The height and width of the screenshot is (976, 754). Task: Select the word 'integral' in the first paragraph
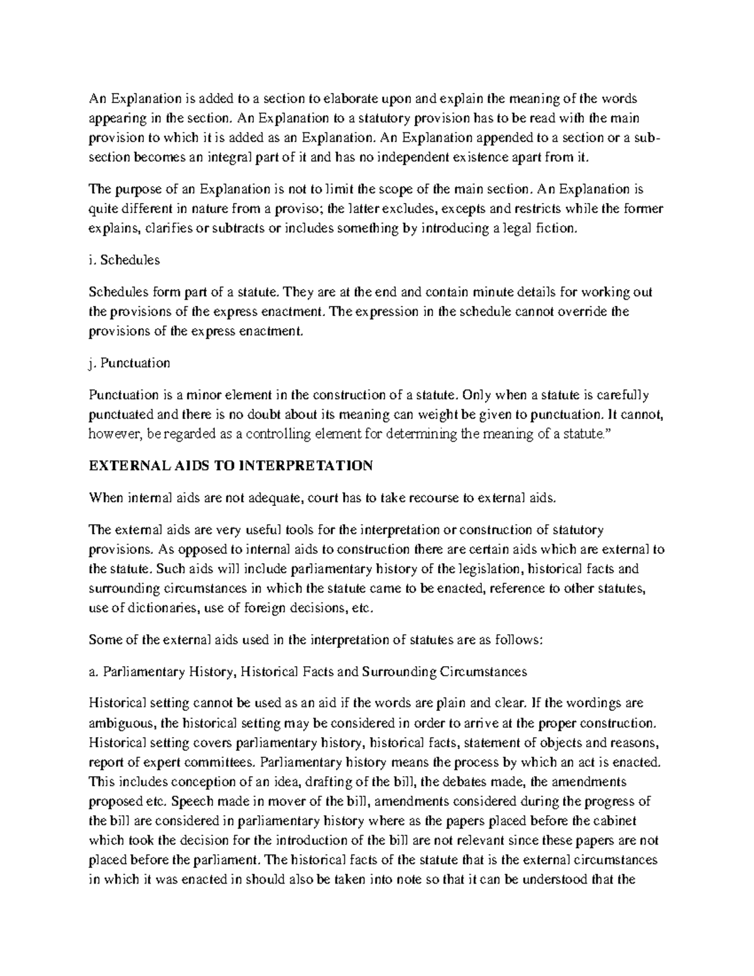(x=230, y=158)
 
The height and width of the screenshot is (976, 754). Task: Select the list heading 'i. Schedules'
(x=124, y=260)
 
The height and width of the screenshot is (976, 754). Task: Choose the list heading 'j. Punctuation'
(x=129, y=363)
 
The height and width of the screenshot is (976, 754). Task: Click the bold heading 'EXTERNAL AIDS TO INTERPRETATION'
(x=231, y=466)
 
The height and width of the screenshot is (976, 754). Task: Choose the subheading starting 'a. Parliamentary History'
(x=308, y=671)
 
